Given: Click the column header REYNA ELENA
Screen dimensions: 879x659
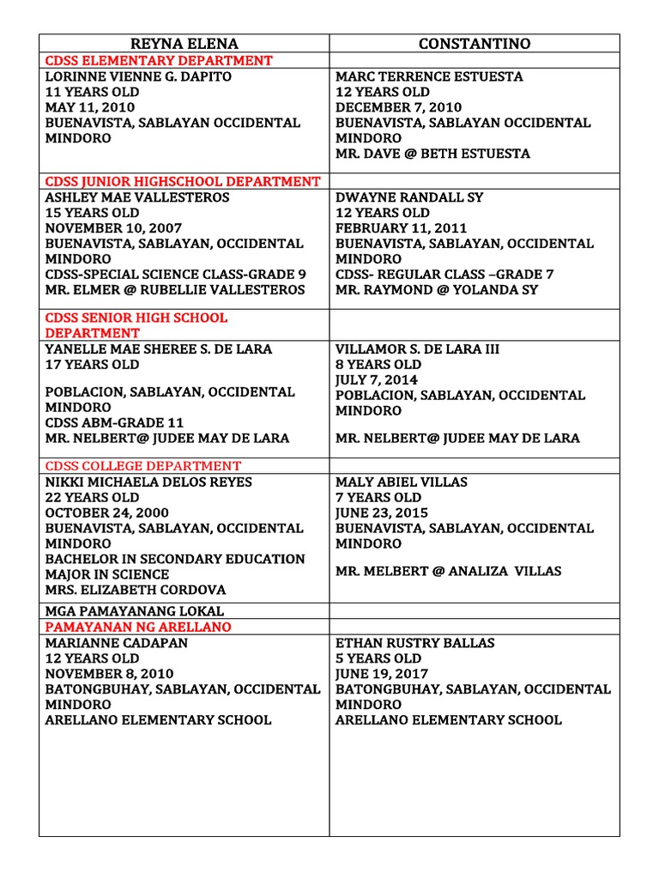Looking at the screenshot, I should click(184, 44).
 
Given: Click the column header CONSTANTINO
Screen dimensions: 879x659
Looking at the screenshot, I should click(475, 44).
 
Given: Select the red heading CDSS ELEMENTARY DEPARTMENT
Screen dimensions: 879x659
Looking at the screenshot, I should click(159, 61).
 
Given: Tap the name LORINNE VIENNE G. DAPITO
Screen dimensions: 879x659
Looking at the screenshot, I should click(138, 76).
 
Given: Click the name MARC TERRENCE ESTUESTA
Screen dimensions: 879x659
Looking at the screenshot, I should click(428, 76).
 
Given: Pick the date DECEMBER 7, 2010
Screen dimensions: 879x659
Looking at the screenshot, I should click(398, 107).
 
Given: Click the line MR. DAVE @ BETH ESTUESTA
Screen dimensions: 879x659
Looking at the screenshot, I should click(432, 154).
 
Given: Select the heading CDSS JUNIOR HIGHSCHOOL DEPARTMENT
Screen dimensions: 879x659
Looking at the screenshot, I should click(183, 182).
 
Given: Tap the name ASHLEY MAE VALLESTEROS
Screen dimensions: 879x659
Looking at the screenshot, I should click(137, 197).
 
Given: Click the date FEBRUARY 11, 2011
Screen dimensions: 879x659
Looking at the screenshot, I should click(401, 228).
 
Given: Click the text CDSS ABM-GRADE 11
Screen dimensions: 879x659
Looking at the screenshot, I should click(114, 422).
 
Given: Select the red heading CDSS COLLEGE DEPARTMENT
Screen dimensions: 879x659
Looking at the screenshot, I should click(143, 466).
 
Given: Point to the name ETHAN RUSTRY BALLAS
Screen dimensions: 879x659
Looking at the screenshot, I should click(414, 643).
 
